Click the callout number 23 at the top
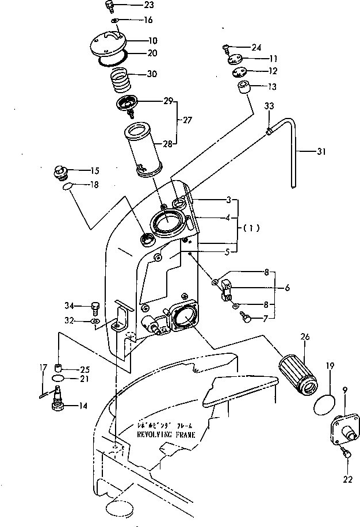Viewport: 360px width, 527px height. point(133,6)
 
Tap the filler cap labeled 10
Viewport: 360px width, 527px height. point(109,44)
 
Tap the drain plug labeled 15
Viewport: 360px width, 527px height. point(59,171)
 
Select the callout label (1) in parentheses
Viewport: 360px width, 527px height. point(251,227)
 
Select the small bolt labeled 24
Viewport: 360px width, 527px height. point(227,47)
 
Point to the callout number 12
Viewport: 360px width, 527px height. point(272,71)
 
